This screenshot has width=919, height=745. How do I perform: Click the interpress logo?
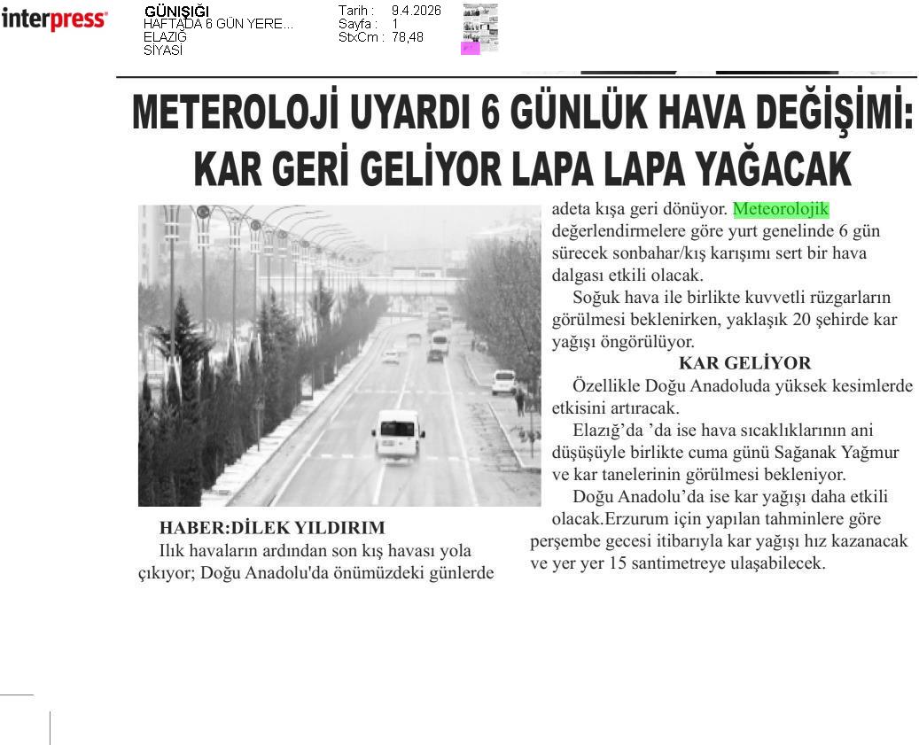54,19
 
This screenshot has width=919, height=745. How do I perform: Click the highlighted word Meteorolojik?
781,210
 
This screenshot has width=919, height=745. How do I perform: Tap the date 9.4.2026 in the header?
416,11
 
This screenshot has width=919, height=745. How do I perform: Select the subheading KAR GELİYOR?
744,363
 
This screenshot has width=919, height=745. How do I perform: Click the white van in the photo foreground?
398,434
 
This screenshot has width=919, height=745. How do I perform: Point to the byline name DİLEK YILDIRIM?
308,528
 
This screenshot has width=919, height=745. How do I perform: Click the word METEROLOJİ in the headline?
236,114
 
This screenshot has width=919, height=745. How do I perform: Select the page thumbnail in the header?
479,28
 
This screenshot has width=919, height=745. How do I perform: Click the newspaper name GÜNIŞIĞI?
176,12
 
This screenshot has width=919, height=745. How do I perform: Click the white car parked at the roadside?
503,382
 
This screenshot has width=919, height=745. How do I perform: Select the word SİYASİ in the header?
163,50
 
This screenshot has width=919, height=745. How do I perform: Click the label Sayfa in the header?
356,24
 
